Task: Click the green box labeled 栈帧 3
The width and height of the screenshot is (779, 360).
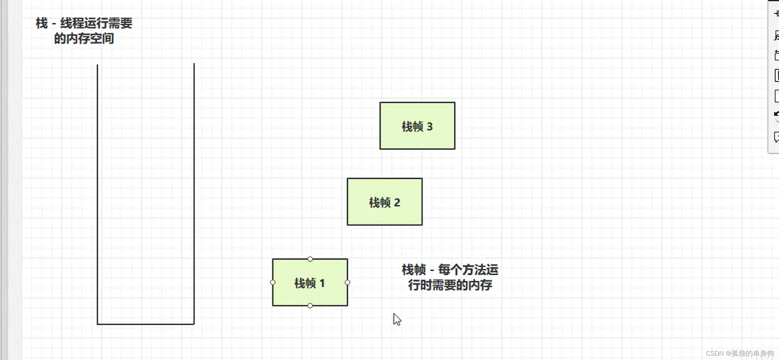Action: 417,113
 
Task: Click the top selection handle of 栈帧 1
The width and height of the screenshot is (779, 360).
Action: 310,259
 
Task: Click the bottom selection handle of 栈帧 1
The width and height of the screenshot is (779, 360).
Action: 310,305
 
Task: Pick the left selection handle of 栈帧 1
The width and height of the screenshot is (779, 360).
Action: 273,282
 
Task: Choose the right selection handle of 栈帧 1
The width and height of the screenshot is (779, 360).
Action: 347,282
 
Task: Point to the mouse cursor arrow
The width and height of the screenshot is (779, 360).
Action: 396,319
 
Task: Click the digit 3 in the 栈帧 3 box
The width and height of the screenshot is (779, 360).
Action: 430,126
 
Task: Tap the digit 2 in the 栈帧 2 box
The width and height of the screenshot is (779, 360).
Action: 397,202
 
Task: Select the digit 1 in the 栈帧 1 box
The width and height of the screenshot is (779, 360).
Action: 322,283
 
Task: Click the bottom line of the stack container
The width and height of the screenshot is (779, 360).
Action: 146,324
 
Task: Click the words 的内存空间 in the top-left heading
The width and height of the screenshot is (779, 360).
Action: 84,38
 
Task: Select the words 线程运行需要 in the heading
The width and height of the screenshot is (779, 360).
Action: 96,23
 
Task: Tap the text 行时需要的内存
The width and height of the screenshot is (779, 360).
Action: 450,285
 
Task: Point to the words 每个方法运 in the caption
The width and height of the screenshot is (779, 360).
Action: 468,270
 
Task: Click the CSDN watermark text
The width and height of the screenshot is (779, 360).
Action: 739,353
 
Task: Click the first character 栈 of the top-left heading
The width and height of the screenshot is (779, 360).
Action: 42,23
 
